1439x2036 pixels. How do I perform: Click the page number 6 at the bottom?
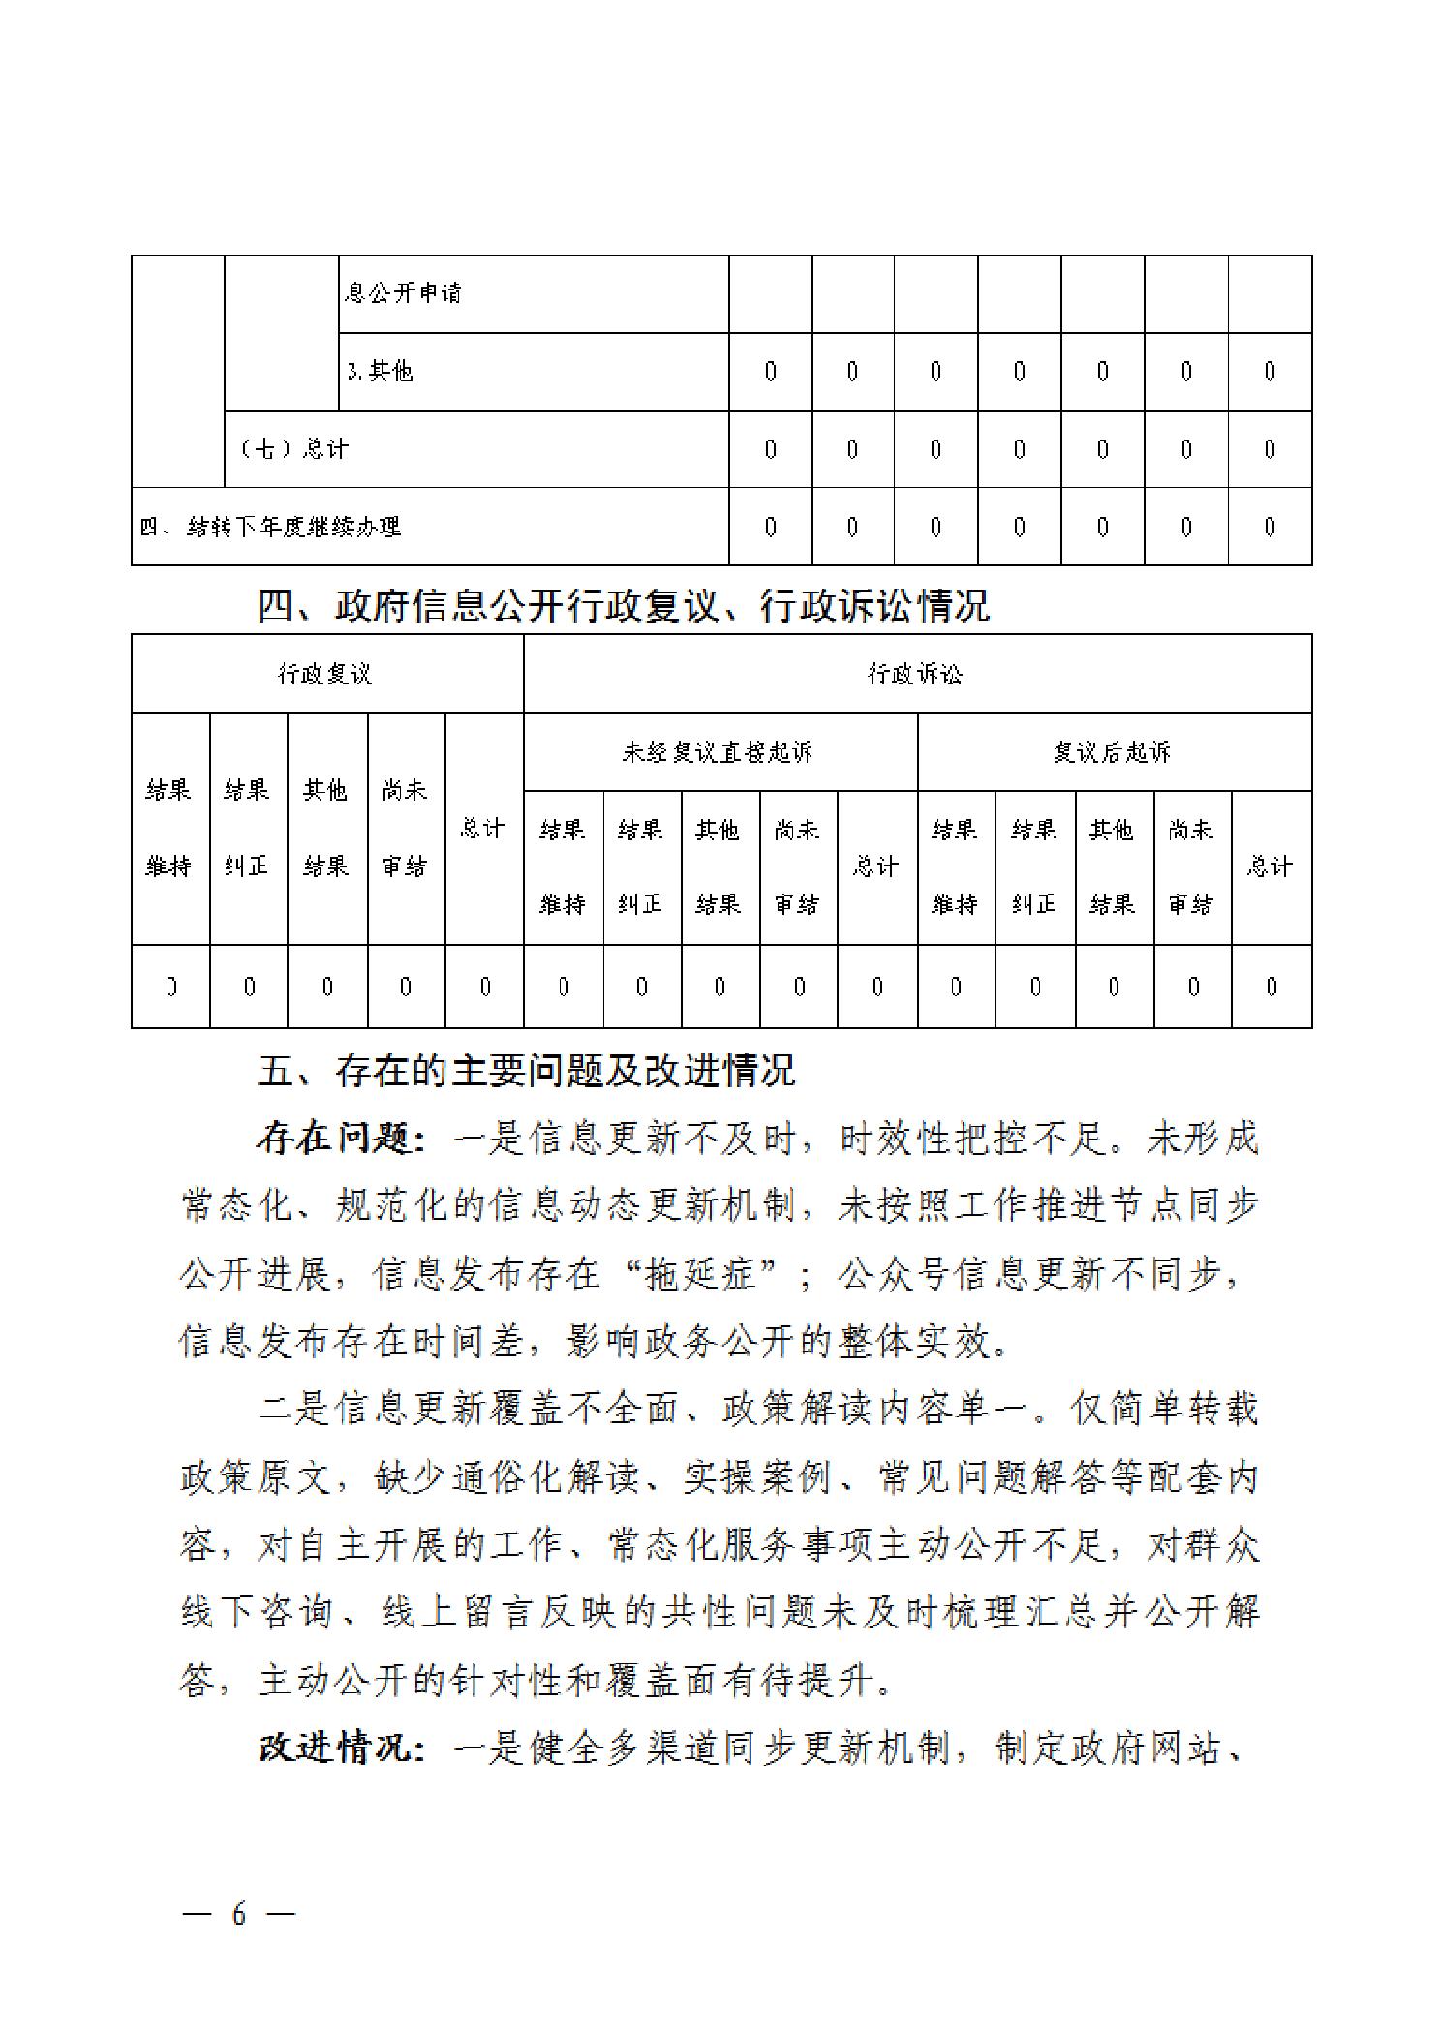pyautogui.click(x=238, y=1913)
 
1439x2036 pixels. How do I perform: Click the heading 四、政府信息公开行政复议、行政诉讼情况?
pyautogui.click(x=623, y=606)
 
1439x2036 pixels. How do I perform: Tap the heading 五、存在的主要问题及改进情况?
pyautogui.click(x=526, y=1071)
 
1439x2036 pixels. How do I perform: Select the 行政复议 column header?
pyautogui.click(x=325, y=674)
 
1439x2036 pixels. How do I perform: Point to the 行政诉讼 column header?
pyautogui.click(x=915, y=674)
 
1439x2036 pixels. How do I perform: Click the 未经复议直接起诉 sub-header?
pyautogui.click(x=718, y=752)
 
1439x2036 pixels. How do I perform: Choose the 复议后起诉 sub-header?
pyautogui.click(x=1113, y=752)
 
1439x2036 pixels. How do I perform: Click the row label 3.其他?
pyautogui.click(x=381, y=371)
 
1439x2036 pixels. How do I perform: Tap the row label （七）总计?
pyautogui.click(x=293, y=448)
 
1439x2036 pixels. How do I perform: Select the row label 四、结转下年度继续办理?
pyautogui.click(x=270, y=527)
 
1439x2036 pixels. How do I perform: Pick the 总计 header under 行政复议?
pyautogui.click(x=482, y=829)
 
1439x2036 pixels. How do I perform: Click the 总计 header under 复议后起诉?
pyautogui.click(x=1270, y=866)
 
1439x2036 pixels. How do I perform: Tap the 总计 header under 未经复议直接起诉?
pyautogui.click(x=875, y=866)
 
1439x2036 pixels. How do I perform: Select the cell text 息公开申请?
pyautogui.click(x=403, y=292)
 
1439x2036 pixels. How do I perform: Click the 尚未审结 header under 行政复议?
pyautogui.click(x=405, y=829)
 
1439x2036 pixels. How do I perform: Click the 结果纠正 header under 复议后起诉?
pyautogui.click(x=1034, y=866)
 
